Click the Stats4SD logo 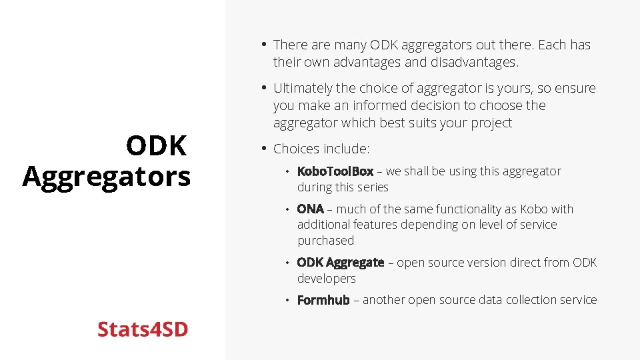tap(143, 329)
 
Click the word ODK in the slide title tap(157, 146)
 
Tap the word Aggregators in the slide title tap(107, 177)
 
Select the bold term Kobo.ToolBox tap(335, 171)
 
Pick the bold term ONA tap(310, 209)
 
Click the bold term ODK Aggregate tap(340, 263)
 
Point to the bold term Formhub tap(323, 300)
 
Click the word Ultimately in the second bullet tap(304, 88)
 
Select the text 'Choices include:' tap(321, 148)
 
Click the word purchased tap(325, 240)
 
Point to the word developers tap(326, 278)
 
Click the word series tap(371, 187)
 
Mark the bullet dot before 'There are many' tap(264, 45)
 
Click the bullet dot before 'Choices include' tap(264, 148)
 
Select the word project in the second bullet tap(489, 123)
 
